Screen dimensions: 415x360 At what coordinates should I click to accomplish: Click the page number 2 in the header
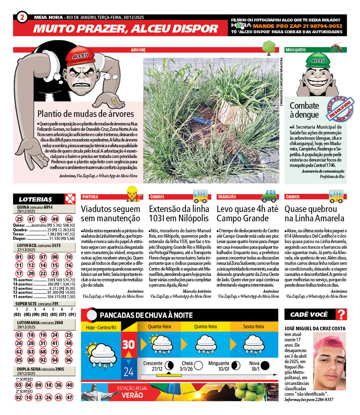(22, 17)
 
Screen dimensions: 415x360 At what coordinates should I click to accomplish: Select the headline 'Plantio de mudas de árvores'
(86, 114)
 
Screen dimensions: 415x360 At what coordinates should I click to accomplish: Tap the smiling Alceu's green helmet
(318, 60)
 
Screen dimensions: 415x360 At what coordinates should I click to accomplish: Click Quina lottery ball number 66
(69, 219)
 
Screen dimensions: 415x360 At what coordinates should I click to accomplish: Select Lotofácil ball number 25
(69, 273)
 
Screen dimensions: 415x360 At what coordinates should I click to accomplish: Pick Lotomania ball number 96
(69, 360)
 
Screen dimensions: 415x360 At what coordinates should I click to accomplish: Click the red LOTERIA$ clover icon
(69, 199)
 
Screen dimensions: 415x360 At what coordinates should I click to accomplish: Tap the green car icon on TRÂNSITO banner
(269, 196)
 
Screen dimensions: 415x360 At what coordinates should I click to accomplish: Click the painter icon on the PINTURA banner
(132, 194)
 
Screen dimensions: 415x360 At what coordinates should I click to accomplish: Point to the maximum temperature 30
(128, 344)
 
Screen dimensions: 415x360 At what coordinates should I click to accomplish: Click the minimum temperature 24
(128, 372)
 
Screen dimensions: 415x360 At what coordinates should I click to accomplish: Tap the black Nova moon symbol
(265, 365)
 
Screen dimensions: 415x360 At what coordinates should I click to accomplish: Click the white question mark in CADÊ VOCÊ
(342, 315)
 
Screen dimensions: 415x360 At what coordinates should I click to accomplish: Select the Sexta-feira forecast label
(253, 326)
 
